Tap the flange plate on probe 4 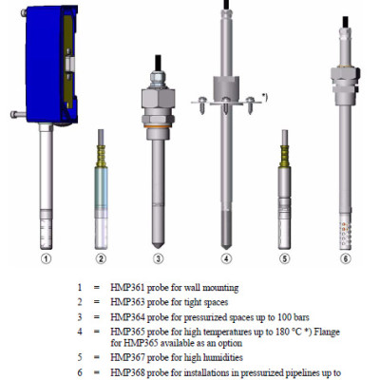pos(225,99)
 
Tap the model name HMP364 pos(128,316)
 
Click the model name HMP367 pos(128,359)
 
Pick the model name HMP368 pos(128,373)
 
